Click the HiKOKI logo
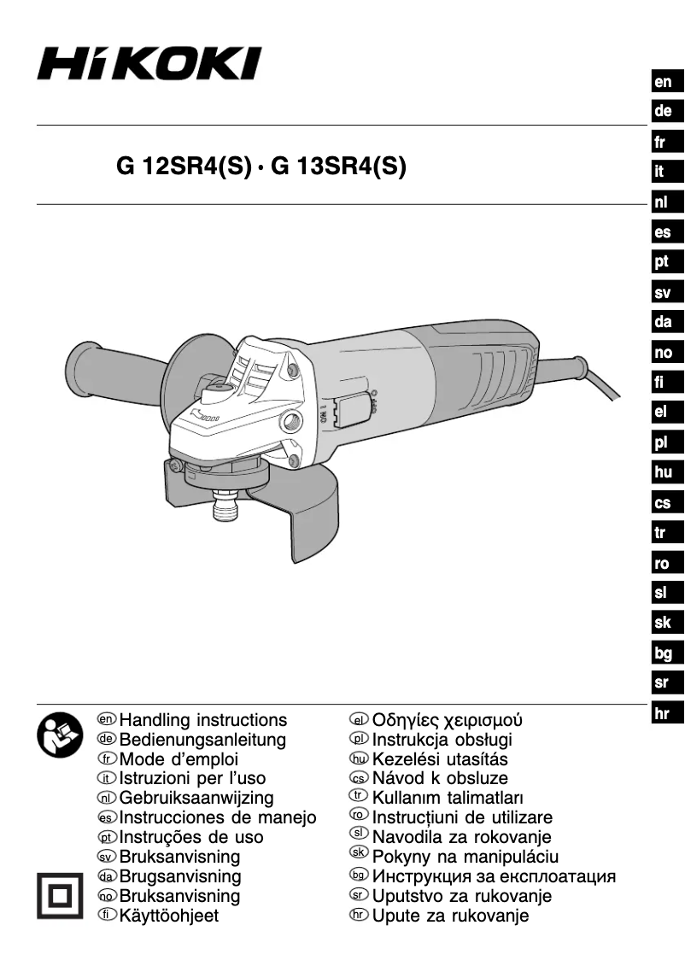[x=149, y=64]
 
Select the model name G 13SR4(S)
[x=338, y=166]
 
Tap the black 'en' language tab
[x=663, y=83]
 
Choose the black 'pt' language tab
[x=663, y=263]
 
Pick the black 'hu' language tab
[x=663, y=472]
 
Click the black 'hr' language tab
[x=663, y=713]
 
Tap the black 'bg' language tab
[x=663, y=653]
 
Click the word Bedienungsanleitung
[x=202, y=740]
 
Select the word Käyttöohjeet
[x=169, y=916]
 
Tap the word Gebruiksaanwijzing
[x=196, y=799]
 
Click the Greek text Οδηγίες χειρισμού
[x=448, y=720]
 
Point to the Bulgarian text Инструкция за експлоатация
[x=495, y=876]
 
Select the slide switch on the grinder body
[x=350, y=409]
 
